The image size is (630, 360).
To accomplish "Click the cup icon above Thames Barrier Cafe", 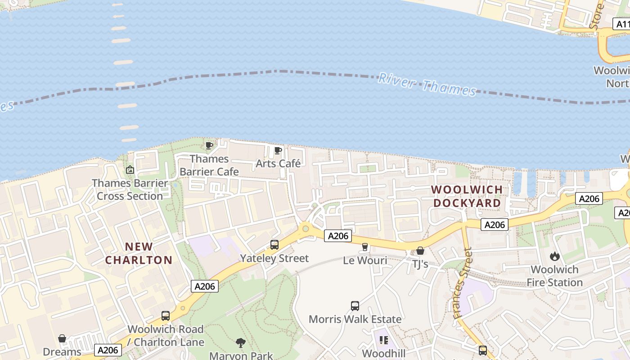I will tap(209, 145).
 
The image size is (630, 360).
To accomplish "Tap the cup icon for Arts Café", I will tap(278, 150).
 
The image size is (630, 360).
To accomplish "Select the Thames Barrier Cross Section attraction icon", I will tap(130, 170).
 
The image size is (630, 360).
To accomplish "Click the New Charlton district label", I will tap(139, 253).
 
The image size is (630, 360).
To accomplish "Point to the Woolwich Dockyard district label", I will tap(467, 196).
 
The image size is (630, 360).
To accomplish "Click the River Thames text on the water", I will tap(427, 84).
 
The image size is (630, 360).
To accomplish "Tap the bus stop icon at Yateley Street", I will tap(274, 245).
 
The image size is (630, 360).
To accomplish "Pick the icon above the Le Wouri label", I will tap(365, 247).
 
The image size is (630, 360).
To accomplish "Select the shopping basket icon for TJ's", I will tap(420, 251).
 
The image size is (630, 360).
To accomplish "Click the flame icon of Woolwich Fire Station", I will tap(554, 256).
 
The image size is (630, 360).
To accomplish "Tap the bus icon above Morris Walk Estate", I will tap(355, 306).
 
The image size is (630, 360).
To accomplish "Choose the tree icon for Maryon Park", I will tap(241, 343).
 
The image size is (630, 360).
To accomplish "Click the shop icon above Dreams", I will tap(62, 338).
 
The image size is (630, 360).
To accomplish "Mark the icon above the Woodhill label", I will tap(384, 340).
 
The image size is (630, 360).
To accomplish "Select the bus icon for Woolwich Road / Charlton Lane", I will tap(166, 316).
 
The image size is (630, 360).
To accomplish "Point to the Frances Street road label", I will tap(463, 283).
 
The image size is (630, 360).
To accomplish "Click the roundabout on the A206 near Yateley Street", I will tap(306, 229).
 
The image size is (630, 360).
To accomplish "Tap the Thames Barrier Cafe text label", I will tap(209, 165).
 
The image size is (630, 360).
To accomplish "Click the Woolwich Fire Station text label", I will tap(554, 276).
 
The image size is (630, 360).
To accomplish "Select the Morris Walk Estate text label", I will tap(355, 319).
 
